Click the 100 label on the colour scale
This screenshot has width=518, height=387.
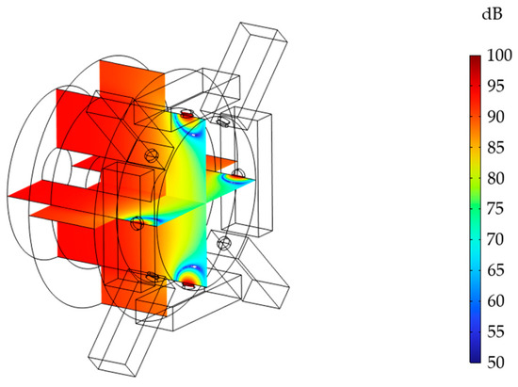(499, 56)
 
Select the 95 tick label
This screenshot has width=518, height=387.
(495, 87)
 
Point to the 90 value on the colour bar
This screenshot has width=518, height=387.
(495, 117)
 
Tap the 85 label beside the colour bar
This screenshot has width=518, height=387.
(495, 148)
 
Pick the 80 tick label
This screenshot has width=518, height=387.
(495, 178)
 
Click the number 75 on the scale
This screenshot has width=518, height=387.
(495, 209)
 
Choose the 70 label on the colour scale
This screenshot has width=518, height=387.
(495, 239)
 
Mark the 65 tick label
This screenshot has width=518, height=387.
(495, 270)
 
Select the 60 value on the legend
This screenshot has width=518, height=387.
(495, 301)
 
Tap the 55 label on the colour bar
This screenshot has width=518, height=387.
(495, 331)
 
